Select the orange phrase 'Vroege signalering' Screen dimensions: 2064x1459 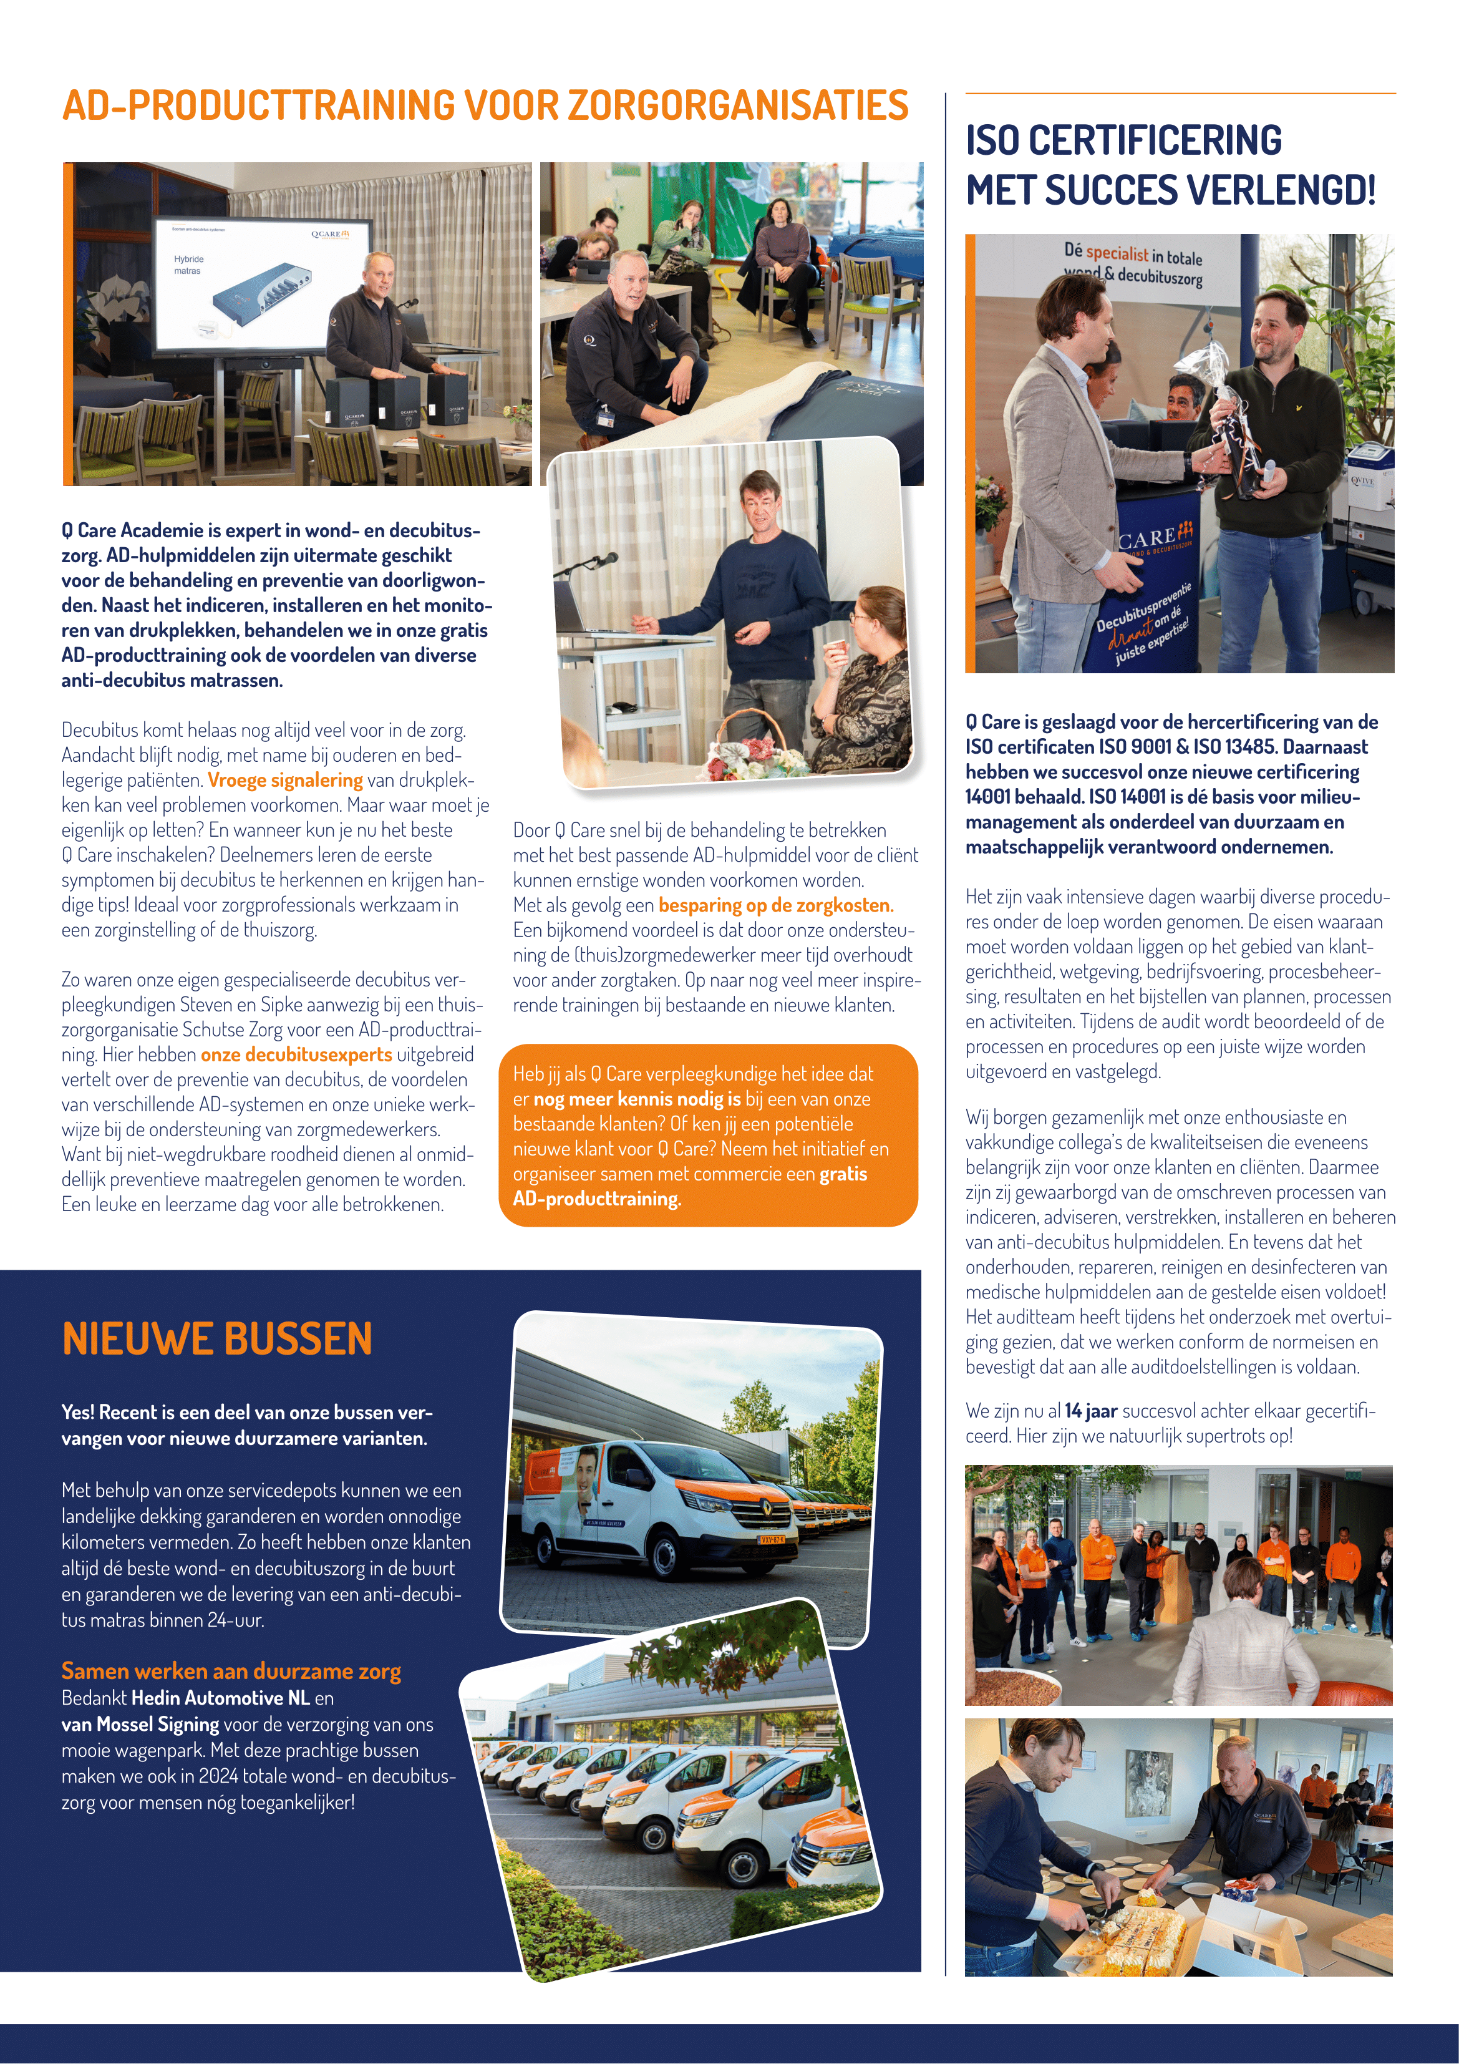(x=285, y=781)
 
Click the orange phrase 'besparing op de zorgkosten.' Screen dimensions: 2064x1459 (x=776, y=905)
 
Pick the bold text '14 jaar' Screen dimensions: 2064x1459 (x=1090, y=1411)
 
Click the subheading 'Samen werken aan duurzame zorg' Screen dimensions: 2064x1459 (x=231, y=1671)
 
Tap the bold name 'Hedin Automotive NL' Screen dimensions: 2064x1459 (x=220, y=1698)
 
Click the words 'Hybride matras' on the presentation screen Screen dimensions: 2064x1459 (x=188, y=265)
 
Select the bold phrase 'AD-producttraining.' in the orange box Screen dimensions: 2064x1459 (x=597, y=1199)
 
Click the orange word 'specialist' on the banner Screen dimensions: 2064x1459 (x=1117, y=255)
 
